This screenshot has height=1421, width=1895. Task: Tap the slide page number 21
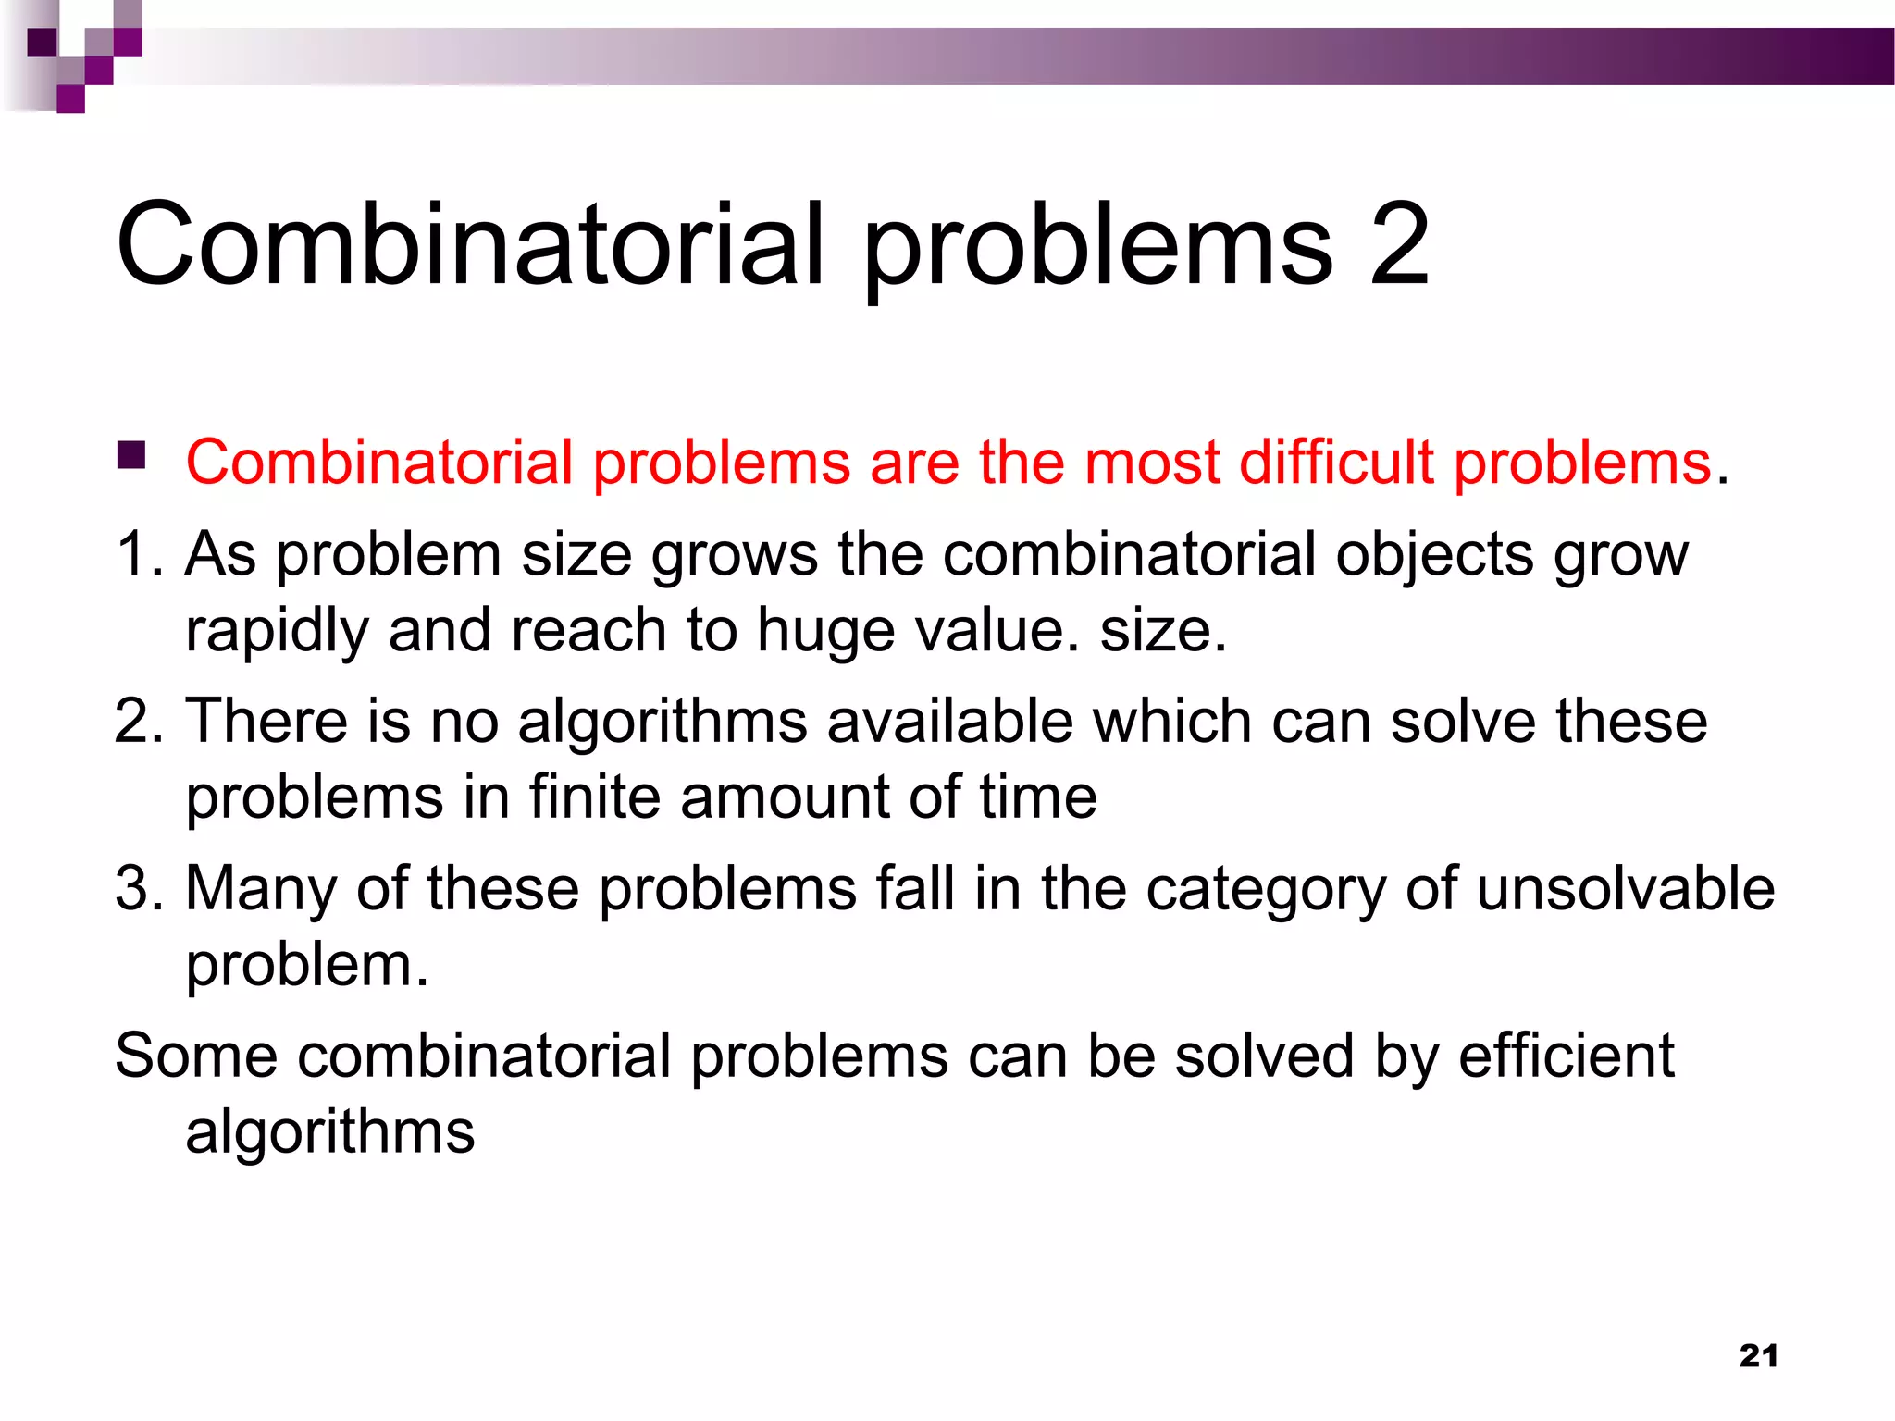pyautogui.click(x=1758, y=1355)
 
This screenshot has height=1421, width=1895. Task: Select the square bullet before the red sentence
pyautogui.click(x=132, y=455)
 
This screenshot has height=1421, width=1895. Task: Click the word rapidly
pyautogui.click(x=277, y=632)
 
